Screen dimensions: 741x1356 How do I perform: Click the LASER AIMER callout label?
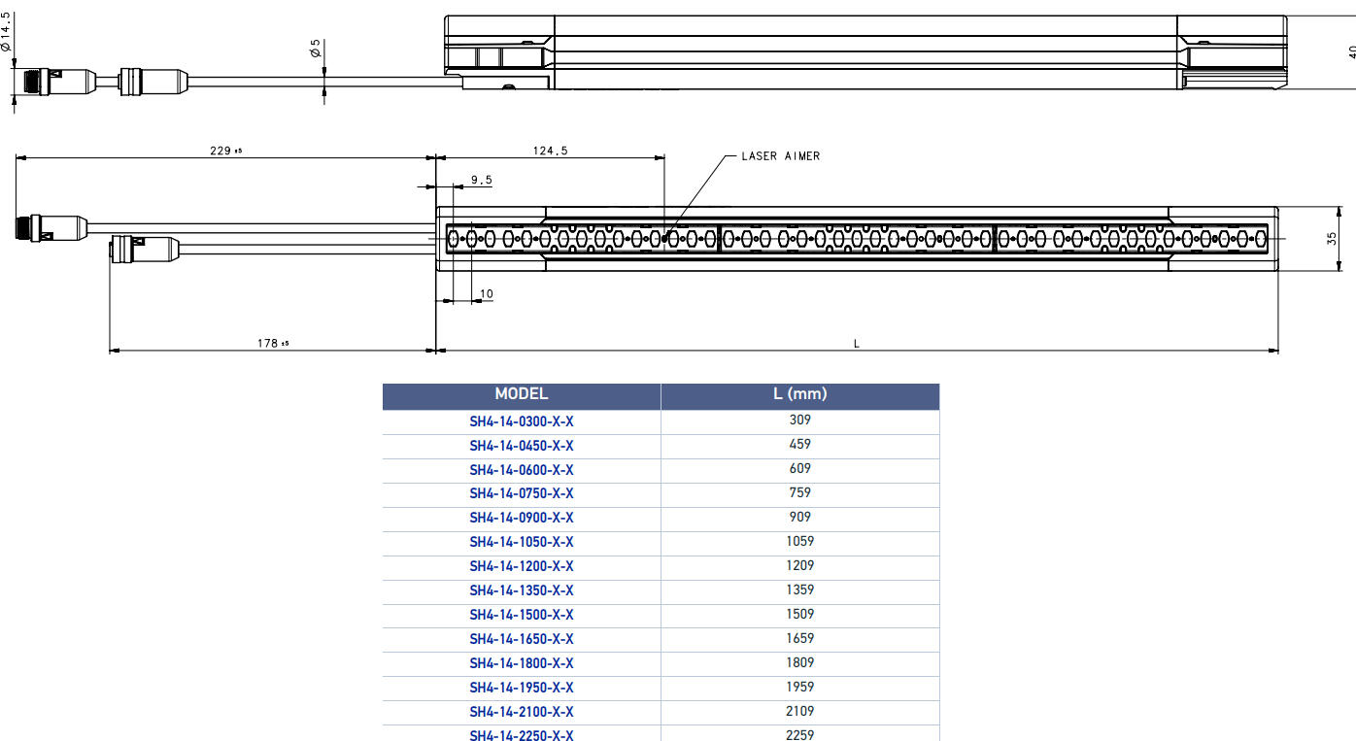pos(780,156)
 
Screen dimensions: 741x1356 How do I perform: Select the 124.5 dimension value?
pos(550,151)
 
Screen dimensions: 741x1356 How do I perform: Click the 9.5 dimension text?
pos(481,180)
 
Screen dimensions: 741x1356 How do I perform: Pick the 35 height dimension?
pos(1332,237)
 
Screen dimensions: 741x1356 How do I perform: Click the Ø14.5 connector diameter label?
pos(6,32)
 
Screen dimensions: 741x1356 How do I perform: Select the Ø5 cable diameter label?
pos(316,49)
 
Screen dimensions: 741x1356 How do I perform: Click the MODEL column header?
pos(521,394)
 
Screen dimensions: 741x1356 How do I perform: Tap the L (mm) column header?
pos(799,394)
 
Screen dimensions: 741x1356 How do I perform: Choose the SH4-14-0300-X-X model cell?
pos(521,421)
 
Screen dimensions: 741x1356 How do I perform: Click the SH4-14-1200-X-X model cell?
pos(521,566)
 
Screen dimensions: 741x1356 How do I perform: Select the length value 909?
pos(799,517)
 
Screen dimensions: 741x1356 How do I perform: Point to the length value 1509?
pos(799,614)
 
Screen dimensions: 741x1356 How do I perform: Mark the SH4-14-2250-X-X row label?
pos(521,734)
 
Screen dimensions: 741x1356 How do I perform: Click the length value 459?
pos(799,444)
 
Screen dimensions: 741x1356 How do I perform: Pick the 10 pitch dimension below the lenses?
pos(487,294)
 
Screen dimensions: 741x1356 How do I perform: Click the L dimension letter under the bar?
pos(856,344)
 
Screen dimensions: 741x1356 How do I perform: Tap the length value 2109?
pos(799,711)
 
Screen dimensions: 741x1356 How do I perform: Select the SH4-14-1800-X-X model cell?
pos(521,663)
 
